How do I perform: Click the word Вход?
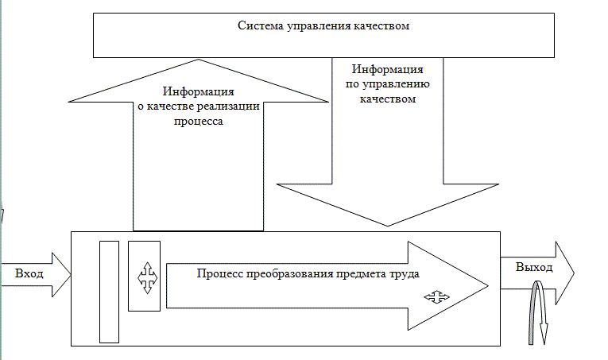coord(29,273)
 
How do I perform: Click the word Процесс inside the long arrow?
coord(219,273)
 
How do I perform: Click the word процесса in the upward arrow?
coord(199,122)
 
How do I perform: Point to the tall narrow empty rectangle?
coord(109,290)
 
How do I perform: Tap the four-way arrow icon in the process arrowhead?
coord(436,297)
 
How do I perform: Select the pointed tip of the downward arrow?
coord(387,225)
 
